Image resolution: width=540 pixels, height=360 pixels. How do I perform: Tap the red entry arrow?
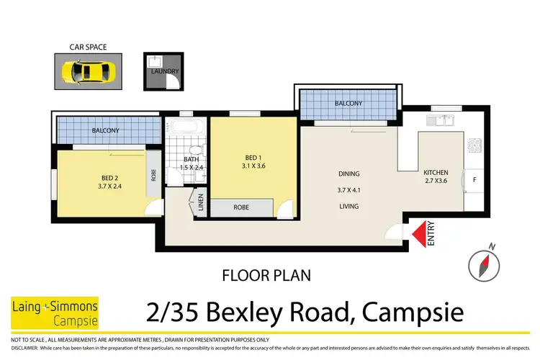tap(418, 233)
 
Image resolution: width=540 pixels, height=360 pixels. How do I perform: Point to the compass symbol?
tap(482, 263)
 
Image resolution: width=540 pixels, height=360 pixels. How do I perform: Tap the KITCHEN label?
tap(436, 173)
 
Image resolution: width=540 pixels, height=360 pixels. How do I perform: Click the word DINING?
tap(348, 174)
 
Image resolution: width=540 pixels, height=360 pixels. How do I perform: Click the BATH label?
tap(191, 160)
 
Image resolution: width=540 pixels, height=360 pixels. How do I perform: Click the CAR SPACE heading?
tap(88, 48)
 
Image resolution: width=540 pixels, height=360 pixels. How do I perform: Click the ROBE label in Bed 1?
tap(241, 207)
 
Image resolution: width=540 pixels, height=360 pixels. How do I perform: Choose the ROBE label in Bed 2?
tap(153, 174)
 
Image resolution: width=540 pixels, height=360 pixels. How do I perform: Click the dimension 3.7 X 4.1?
tap(348, 191)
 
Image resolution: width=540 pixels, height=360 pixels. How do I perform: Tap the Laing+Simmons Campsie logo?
tap(55, 312)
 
